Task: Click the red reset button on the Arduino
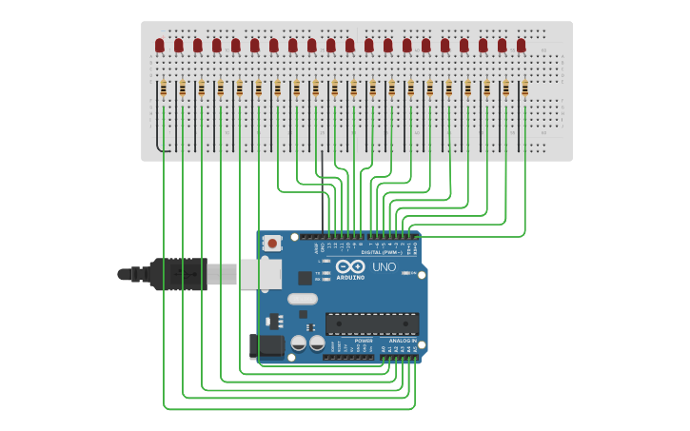272,244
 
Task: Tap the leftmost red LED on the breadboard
160,45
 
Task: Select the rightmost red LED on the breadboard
521,45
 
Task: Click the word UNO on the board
384,267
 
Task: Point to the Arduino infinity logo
349,266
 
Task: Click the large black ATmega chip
372,323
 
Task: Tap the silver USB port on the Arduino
260,274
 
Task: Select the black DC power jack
266,346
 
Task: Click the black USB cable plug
176,274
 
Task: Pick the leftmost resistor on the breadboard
163,88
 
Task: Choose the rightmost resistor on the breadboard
524,88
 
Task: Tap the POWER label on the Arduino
364,341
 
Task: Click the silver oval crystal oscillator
303,299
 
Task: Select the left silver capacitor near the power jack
298,342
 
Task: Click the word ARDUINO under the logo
350,277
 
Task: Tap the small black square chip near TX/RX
305,278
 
